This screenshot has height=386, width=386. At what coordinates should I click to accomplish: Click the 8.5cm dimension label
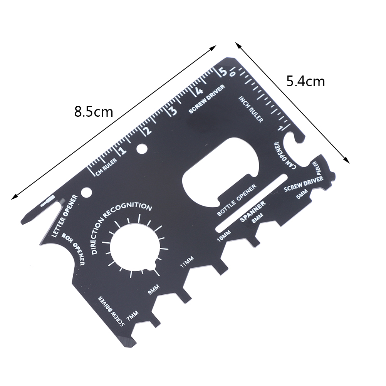pos(94,112)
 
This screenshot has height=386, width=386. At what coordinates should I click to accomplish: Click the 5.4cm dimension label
pos(305,81)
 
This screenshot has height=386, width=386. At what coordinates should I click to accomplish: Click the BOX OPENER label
pos(74,249)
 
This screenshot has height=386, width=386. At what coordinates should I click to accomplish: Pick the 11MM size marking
pos(187,262)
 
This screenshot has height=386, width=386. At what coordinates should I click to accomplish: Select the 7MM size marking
pos(132,316)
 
